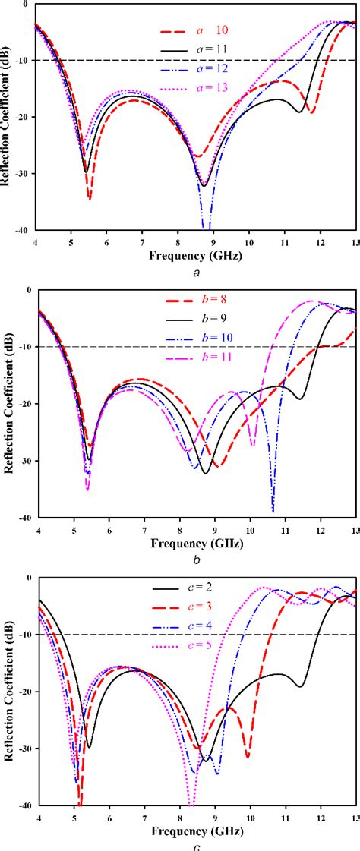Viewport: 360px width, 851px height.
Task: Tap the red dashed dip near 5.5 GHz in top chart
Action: [x=90, y=199]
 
